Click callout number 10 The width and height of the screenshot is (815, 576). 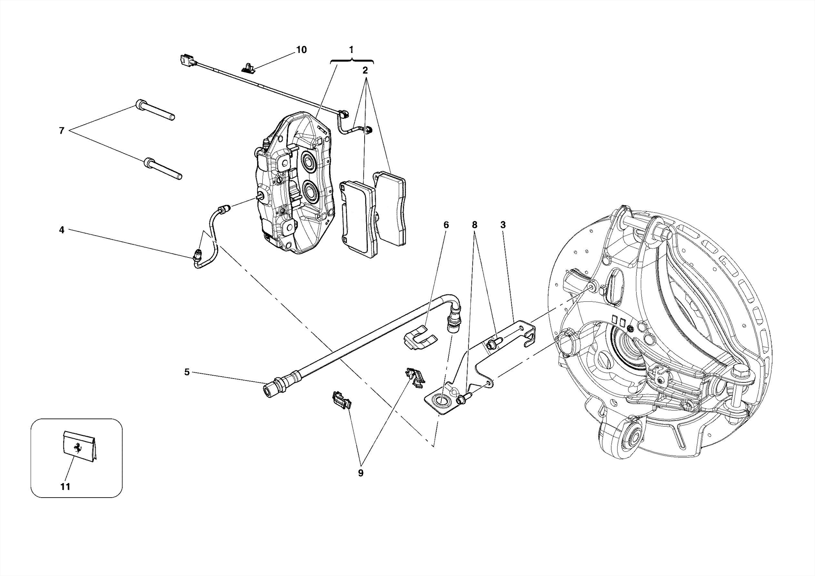[x=301, y=50]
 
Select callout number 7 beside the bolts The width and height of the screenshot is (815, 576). [x=62, y=131]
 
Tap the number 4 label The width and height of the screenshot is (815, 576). [x=62, y=230]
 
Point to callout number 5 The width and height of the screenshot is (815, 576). [x=187, y=372]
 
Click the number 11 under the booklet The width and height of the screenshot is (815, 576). [x=65, y=486]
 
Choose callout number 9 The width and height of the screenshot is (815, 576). [x=361, y=473]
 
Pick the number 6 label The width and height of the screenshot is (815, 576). [x=446, y=225]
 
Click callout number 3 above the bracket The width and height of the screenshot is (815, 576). [x=503, y=225]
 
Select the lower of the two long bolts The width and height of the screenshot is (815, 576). [x=163, y=169]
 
